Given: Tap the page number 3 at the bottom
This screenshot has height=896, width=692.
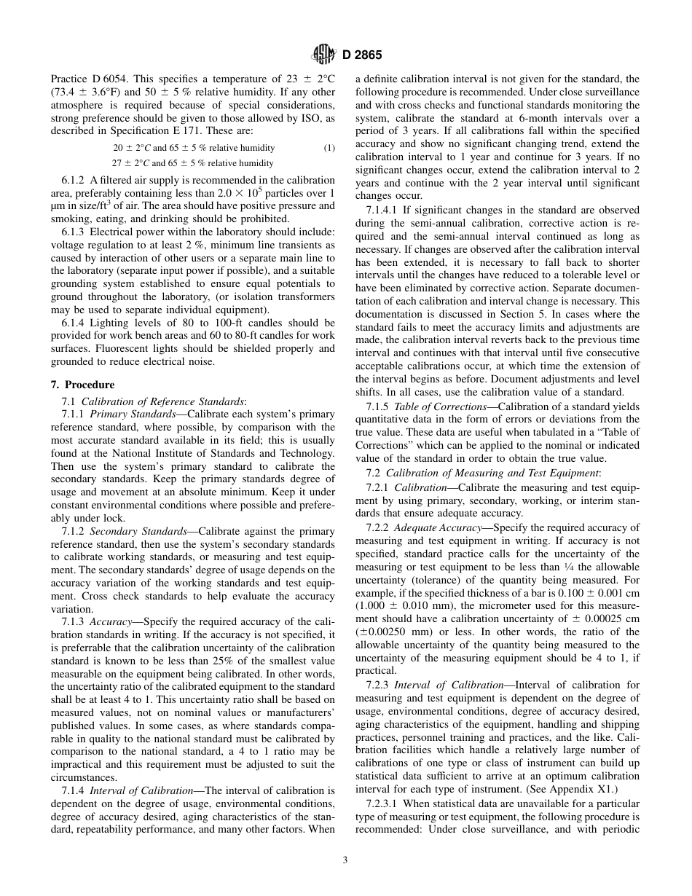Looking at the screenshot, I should coord(345,860).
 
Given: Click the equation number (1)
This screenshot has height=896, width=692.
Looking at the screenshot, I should coord(329,148).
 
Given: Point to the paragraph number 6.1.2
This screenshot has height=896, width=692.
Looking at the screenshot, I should coord(74,180).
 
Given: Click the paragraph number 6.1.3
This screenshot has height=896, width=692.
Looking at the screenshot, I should coord(74,232).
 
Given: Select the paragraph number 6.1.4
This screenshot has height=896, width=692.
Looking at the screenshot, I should coord(74,323).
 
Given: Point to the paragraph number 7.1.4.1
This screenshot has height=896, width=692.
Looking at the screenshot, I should coord(384,210).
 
